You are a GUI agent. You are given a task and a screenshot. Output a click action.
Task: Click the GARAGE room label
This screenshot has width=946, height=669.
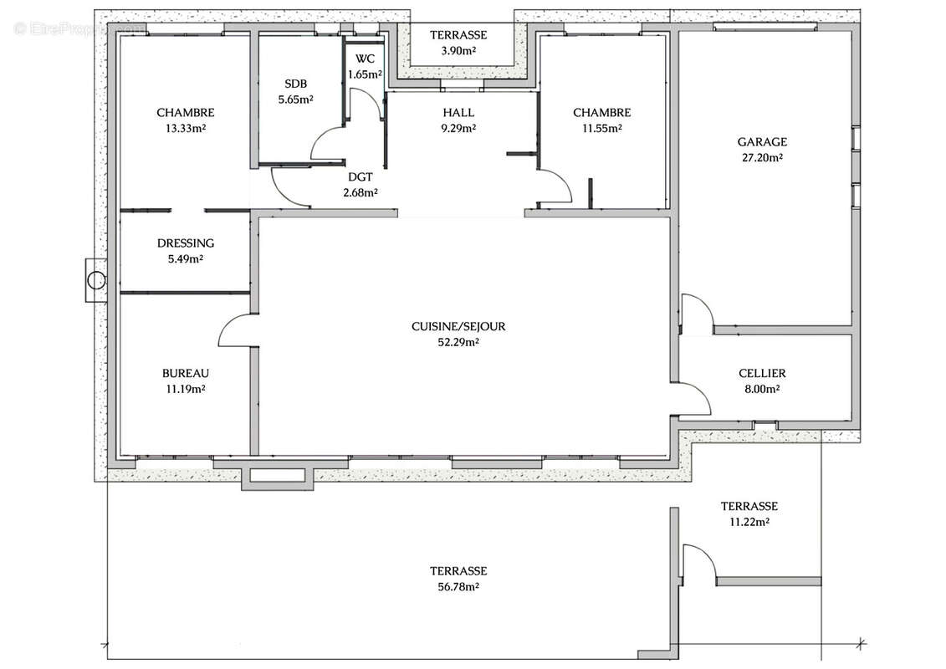pos(762,142)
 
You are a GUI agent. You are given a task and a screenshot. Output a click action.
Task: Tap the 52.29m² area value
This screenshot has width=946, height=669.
pos(458,342)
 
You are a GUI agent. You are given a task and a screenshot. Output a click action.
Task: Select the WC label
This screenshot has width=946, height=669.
pos(365,59)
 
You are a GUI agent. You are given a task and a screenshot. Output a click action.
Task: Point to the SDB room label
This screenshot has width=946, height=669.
pos(295,84)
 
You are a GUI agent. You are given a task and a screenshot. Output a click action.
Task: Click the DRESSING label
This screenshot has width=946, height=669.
pos(185,243)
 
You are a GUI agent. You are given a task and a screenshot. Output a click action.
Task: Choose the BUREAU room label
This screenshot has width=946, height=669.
pos(185,374)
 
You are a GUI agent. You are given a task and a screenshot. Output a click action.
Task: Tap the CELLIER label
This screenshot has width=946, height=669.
pos(762,374)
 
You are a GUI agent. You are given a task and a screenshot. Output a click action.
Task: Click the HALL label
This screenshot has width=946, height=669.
pos(458,112)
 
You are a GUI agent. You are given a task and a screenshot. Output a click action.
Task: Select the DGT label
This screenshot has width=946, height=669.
pos(361,176)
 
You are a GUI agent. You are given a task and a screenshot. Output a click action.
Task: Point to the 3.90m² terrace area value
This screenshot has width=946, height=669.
pos(458,51)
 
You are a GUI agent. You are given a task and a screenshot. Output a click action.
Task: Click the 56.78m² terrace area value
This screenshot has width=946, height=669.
pos(458,586)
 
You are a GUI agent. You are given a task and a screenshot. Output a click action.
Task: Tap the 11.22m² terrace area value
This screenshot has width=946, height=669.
pos(749,522)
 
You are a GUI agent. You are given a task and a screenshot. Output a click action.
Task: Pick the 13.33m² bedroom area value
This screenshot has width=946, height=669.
pos(185,128)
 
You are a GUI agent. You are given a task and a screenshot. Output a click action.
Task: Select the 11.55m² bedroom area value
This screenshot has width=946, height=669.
pos(602,128)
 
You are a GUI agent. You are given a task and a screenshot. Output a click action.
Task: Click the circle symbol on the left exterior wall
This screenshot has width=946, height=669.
pos(96,280)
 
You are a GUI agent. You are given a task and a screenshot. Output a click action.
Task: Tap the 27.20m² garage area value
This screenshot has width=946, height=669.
pos(762,157)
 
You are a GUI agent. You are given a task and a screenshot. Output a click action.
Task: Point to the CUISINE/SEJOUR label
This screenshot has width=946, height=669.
pos(458,326)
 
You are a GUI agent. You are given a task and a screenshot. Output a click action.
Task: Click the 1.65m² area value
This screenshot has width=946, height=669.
pos(365,74)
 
